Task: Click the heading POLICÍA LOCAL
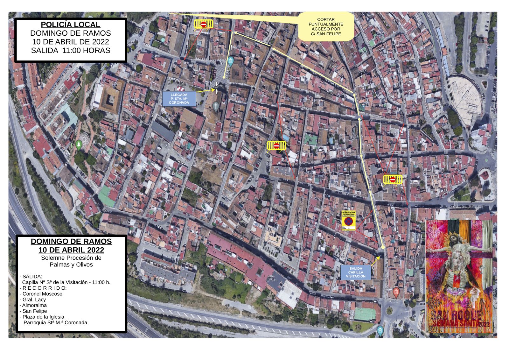[x=71, y=25]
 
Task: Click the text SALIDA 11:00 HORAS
[x=71, y=50]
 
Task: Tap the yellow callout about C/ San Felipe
[x=326, y=27]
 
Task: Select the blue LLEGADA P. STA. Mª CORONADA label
[x=179, y=99]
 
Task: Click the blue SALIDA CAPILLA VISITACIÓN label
[x=356, y=273]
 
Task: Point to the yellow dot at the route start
[x=383, y=247]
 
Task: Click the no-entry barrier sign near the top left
[x=204, y=24]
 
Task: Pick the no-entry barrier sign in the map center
[x=276, y=146]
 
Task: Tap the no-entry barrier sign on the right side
[x=393, y=180]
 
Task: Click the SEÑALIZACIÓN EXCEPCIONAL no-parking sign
[x=348, y=220]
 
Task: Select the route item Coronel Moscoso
[x=42, y=294]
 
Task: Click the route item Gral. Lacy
[x=34, y=300]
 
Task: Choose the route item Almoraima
[x=34, y=305]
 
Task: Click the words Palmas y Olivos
[x=71, y=265]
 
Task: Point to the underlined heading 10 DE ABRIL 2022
[x=71, y=250]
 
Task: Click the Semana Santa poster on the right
[x=459, y=276]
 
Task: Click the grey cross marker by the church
[x=216, y=106]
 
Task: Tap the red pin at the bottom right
[x=396, y=292]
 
